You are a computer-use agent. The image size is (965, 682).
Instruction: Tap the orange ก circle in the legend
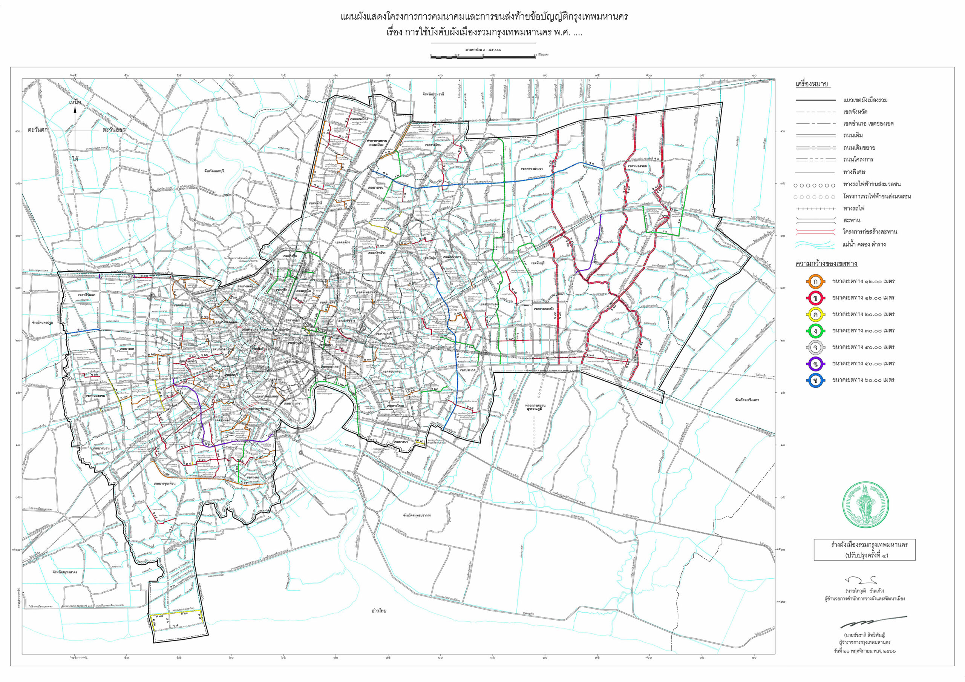coord(815,282)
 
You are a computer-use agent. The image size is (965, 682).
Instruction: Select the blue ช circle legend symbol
coord(815,380)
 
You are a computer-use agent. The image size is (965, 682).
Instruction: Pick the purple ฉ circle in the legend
coord(815,364)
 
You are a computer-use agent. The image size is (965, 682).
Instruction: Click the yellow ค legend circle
coord(815,315)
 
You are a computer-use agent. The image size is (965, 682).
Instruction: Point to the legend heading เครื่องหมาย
coord(812,84)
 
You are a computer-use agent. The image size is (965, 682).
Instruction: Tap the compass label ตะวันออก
coord(114,130)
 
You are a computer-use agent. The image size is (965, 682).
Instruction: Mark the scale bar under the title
coord(483,56)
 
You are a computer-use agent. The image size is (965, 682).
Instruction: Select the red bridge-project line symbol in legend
coord(815,232)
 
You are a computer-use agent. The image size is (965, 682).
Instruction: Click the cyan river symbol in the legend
coord(815,244)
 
